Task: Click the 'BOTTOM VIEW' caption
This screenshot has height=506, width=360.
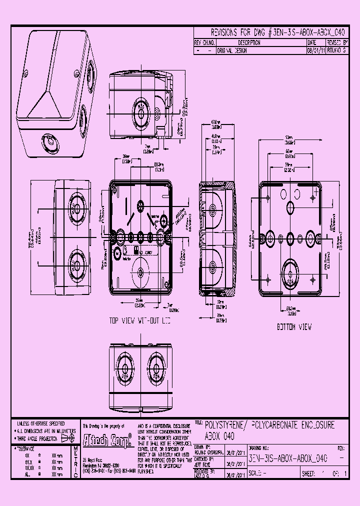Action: pyautogui.click(x=294, y=327)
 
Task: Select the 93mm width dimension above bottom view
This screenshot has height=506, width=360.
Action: pyautogui.click(x=289, y=137)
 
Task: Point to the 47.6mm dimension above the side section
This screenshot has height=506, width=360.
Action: pyautogui.click(x=215, y=122)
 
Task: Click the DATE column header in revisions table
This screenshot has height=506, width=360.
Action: pyautogui.click(x=312, y=43)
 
